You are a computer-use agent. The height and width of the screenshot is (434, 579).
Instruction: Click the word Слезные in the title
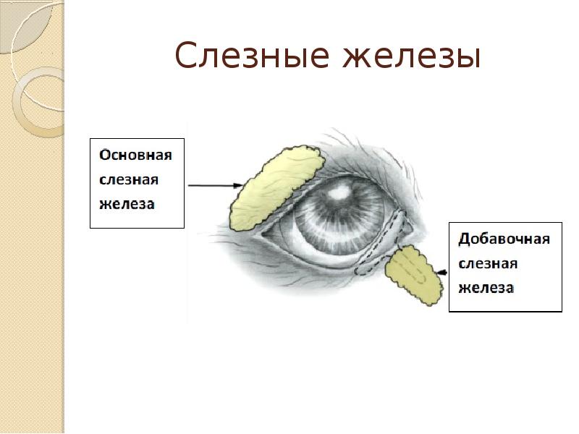pos(253,57)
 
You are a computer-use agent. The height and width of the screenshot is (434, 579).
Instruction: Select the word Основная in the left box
pos(135,156)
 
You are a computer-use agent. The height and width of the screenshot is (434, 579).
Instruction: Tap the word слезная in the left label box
pos(128,179)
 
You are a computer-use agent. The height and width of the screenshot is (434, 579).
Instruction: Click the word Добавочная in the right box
pos(504,239)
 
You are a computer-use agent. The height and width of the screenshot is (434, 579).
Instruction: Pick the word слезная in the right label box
pos(487,263)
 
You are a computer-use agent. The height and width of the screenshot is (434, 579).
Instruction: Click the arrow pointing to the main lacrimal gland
pos(214,186)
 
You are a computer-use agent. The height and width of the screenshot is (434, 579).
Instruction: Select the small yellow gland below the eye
pos(413,274)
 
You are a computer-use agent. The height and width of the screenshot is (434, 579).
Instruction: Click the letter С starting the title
pos(187,57)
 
